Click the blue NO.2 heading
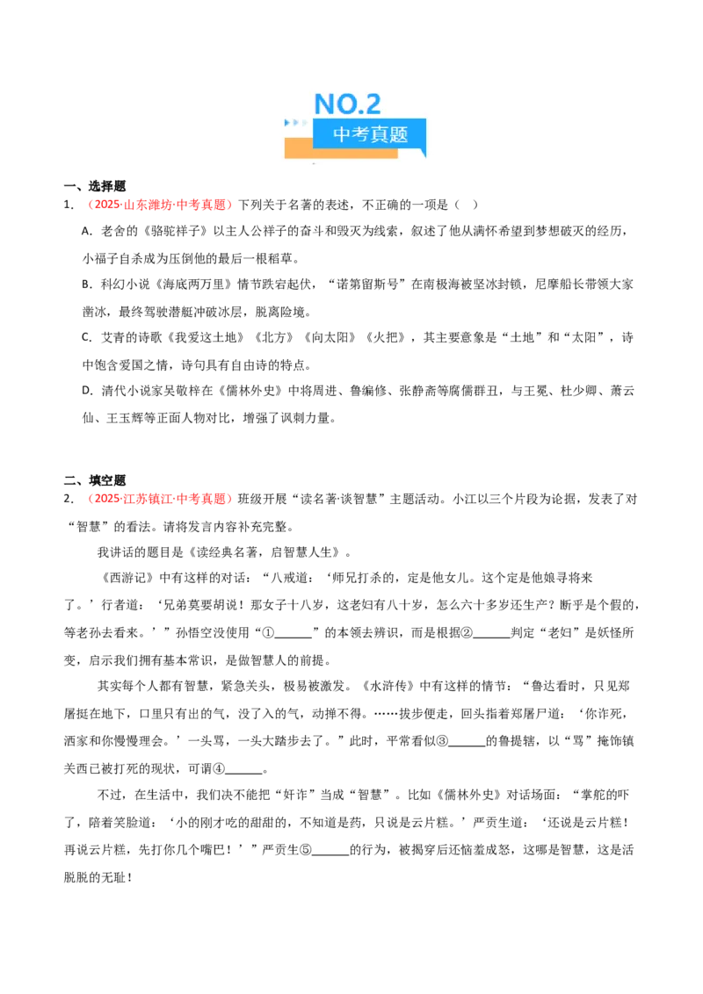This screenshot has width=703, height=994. click(x=347, y=104)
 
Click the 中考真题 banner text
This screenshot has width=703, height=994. click(x=370, y=134)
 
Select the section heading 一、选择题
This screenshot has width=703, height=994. click(x=95, y=186)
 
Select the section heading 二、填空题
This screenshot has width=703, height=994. click(x=95, y=480)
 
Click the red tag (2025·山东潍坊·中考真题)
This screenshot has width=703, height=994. click(x=160, y=204)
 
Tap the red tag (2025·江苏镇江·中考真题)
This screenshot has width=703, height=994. click(x=160, y=498)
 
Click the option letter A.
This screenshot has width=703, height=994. click(x=86, y=232)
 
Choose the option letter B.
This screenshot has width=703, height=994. click(x=86, y=284)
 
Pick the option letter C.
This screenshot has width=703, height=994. click(x=86, y=337)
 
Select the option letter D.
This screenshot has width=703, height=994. click(x=86, y=391)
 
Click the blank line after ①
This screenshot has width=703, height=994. click(x=294, y=637)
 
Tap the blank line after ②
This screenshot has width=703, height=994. click(x=492, y=637)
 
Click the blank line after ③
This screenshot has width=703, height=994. click(x=467, y=745)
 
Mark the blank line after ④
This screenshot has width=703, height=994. click(x=243, y=773)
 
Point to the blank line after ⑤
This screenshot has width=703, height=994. click(x=330, y=854)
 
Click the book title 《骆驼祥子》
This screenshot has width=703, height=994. click(x=176, y=231)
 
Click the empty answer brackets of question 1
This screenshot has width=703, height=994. click(x=466, y=204)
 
